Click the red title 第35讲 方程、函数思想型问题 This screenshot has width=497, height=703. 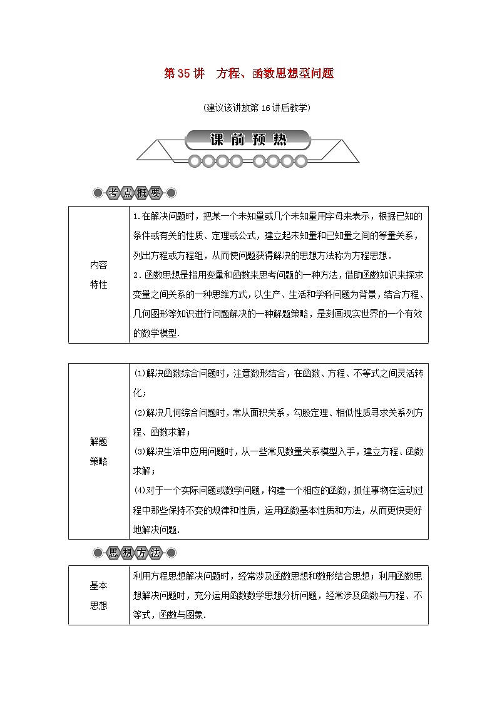pos(248,74)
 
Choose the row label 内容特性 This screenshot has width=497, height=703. pos(98,275)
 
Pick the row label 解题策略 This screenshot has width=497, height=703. pos(98,451)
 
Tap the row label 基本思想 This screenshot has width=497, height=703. pos(98,595)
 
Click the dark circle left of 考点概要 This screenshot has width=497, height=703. pos(98,193)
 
